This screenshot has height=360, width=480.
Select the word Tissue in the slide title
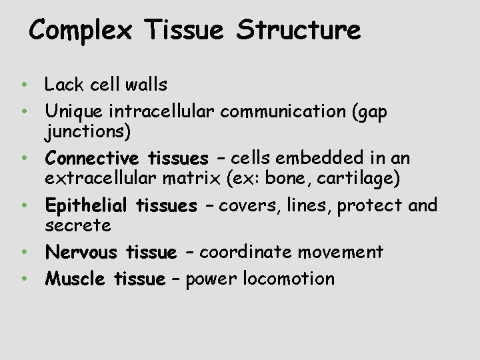(186, 31)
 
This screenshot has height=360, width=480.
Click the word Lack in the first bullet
(64, 85)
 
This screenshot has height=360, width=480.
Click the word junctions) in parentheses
(87, 132)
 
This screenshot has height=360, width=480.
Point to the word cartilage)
(363, 179)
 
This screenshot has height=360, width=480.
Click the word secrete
(78, 225)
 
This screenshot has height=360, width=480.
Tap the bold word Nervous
(81, 252)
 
